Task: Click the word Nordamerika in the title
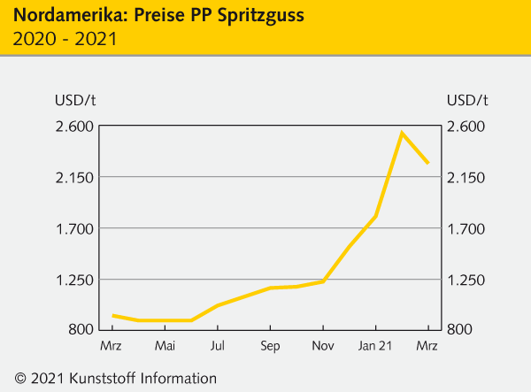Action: (58, 16)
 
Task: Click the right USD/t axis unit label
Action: (468, 98)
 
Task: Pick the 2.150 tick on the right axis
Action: (468, 177)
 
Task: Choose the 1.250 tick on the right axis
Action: (468, 280)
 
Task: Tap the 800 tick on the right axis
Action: (460, 330)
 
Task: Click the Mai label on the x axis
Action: (165, 345)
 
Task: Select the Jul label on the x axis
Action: (218, 345)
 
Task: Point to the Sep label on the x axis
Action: (270, 345)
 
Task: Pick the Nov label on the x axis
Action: (323, 345)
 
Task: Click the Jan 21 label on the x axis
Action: (375, 345)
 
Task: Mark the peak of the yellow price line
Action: (402, 134)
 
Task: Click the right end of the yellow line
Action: (428, 163)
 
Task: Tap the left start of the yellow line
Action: (112, 316)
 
